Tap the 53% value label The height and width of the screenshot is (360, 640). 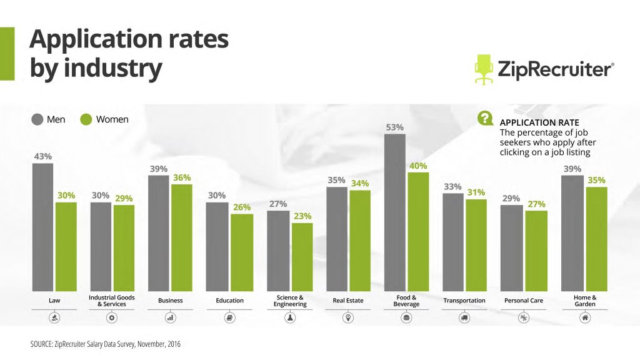[x=395, y=127]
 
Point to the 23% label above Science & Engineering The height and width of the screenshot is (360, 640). [x=302, y=216]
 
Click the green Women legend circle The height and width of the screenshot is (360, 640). [x=86, y=119]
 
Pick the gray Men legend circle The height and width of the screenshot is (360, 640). [x=37, y=119]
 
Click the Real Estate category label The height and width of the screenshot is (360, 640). [x=348, y=301]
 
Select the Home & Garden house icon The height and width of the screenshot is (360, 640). [x=585, y=317]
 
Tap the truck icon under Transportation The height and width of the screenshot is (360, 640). [x=464, y=317]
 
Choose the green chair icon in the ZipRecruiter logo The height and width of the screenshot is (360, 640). [x=484, y=69]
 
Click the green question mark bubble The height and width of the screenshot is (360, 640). [x=484, y=118]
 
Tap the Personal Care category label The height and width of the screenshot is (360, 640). [x=524, y=301]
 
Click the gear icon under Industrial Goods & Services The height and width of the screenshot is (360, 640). [x=112, y=317]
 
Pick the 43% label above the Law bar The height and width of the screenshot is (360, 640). [x=42, y=156]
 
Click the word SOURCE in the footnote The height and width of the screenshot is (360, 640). [x=42, y=344]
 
